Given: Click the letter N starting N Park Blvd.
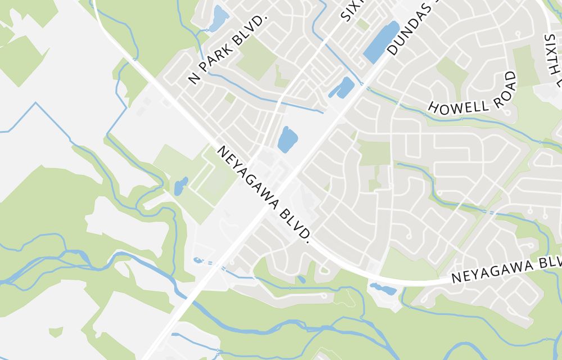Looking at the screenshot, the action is click(194, 79).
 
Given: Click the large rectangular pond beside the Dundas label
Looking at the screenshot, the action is click(382, 42).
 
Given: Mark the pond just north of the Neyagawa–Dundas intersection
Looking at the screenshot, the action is click(287, 139).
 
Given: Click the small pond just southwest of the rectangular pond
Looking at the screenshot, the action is click(341, 88).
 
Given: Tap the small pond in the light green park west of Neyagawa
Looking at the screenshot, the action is click(181, 186).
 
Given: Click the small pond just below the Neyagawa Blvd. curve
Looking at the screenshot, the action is click(383, 290).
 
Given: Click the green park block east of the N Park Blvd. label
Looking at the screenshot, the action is click(256, 57).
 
